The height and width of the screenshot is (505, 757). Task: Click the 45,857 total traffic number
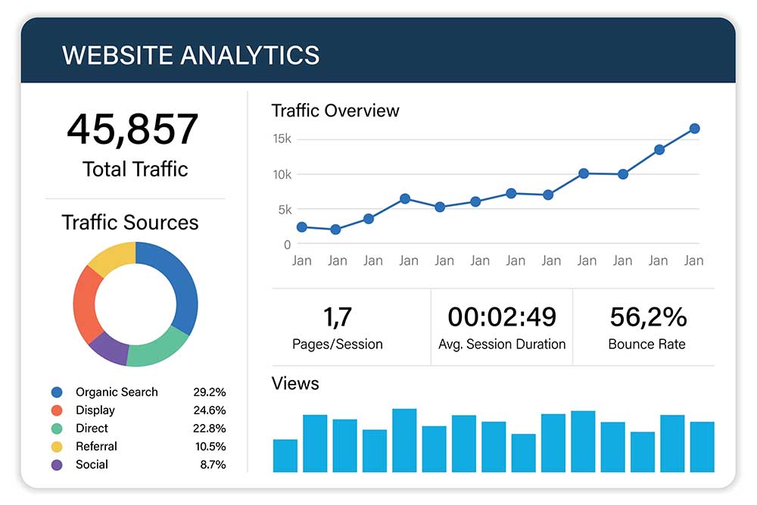132,129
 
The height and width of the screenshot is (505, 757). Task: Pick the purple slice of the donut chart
108,348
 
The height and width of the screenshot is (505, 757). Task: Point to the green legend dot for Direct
57,429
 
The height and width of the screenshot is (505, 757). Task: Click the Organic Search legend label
117,392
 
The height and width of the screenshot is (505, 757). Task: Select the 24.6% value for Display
208,410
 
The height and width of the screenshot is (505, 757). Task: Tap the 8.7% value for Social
213,465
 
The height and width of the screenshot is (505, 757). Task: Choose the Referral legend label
96,447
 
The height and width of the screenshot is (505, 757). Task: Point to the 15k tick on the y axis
282,139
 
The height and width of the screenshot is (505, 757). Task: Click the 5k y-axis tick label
284,209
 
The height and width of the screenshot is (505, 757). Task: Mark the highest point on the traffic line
694,129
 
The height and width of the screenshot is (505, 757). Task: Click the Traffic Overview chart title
335,111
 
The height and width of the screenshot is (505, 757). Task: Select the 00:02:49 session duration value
502,316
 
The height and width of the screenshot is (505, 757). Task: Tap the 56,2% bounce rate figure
647,316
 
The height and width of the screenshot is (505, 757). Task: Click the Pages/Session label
338,344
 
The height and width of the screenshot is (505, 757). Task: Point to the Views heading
295,384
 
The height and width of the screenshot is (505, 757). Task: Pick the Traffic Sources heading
130,223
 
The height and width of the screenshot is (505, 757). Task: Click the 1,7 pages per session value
338,316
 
